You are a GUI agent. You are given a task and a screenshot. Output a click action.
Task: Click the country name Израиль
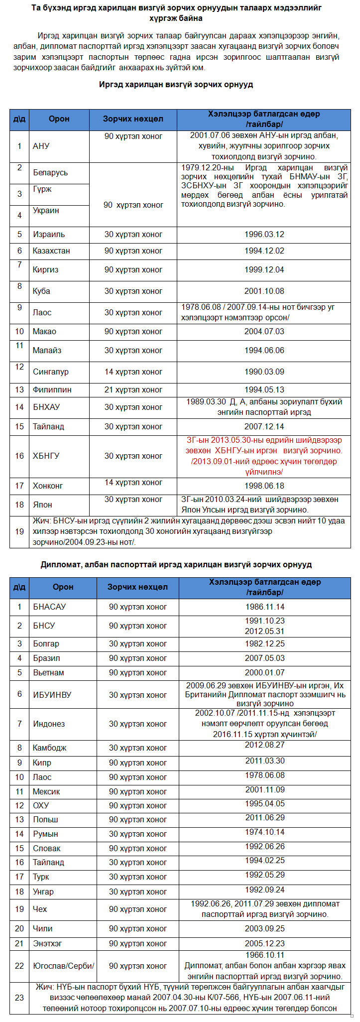click(49, 234)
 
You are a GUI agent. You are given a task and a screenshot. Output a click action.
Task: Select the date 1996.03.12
click(264, 234)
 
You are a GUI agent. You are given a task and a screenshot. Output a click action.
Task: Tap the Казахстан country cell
click(51, 251)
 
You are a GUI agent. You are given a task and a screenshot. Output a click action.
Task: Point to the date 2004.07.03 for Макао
click(264, 331)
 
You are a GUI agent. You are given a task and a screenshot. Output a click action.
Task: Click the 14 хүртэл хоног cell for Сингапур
click(133, 372)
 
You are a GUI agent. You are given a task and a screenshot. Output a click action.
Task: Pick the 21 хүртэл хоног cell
click(133, 389)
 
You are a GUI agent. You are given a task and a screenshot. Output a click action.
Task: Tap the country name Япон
click(42, 505)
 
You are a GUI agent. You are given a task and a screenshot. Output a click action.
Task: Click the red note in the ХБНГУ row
click(264, 456)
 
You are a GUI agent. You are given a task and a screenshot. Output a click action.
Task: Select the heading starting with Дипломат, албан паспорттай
click(176, 564)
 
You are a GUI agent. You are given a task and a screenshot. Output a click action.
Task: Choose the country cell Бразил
click(46, 658)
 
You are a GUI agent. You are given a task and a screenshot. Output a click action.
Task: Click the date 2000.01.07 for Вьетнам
click(264, 672)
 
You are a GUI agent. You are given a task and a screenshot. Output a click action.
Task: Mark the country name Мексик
click(46, 791)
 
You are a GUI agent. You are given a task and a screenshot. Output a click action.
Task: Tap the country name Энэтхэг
click(47, 943)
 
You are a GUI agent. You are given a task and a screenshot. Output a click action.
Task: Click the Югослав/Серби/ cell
click(63, 966)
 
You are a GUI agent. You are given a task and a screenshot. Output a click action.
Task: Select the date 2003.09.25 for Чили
click(264, 928)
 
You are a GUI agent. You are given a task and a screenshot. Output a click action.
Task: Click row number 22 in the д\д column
click(19, 966)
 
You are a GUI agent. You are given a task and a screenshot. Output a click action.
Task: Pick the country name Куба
click(41, 291)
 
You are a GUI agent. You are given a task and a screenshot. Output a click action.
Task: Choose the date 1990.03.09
click(264, 372)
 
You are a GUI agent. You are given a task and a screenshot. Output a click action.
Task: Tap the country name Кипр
click(42, 763)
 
